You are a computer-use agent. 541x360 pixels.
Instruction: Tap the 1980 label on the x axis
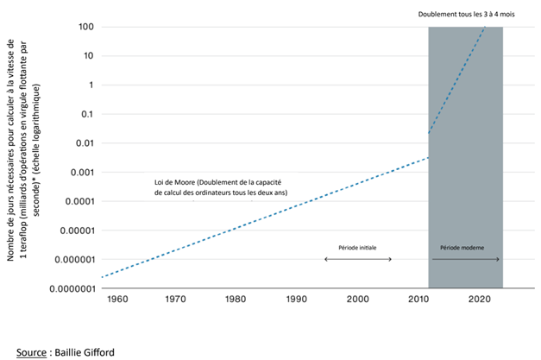[x=236, y=299]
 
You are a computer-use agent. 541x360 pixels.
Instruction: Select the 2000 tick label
[x=358, y=299]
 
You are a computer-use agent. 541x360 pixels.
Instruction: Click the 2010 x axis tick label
[x=418, y=299]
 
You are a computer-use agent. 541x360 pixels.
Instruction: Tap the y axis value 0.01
[x=82, y=143]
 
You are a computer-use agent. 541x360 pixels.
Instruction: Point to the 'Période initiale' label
[x=357, y=248]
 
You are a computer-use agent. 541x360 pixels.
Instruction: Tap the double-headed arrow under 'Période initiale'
[x=357, y=260]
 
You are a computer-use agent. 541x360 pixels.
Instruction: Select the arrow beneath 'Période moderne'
[x=466, y=260]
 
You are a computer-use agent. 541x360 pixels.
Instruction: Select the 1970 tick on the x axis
[x=176, y=299]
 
